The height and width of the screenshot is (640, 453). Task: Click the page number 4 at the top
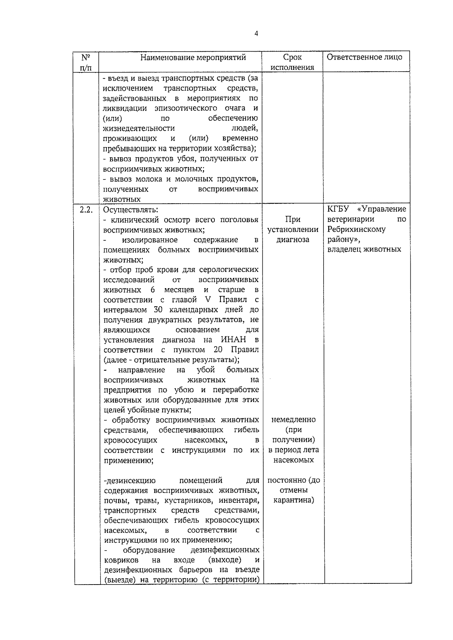(256, 34)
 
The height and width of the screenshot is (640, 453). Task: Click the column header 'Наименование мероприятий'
(193, 57)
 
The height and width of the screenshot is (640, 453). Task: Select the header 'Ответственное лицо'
(364, 57)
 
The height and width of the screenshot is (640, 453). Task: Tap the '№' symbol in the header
(85, 57)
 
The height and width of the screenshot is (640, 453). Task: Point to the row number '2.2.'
(86, 210)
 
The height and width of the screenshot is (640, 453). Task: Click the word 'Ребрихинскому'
(356, 229)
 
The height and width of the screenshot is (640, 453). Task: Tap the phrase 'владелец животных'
(364, 249)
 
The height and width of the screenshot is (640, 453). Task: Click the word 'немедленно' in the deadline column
(293, 419)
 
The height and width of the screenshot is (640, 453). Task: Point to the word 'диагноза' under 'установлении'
(293, 239)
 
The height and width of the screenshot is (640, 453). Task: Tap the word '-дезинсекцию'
(129, 480)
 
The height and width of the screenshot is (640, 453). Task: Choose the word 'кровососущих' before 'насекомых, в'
(131, 440)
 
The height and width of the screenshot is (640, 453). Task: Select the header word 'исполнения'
(293, 68)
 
